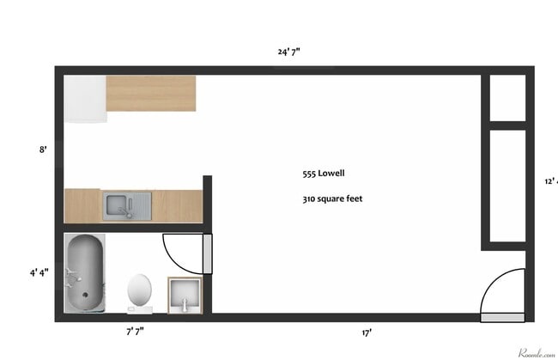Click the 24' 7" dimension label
[288, 52]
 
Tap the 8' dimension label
[42, 149]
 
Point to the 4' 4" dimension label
[39, 272]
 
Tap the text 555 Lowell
[323, 173]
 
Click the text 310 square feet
[332, 198]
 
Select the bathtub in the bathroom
[84, 272]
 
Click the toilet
[138, 290]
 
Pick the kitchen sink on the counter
[127, 205]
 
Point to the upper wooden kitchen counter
[150, 93]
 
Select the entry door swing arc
[502, 292]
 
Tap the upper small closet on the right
[506, 97]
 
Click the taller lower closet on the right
[506, 185]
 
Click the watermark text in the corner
[536, 352]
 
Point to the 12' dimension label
[550, 181]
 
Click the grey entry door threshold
[502, 317]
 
